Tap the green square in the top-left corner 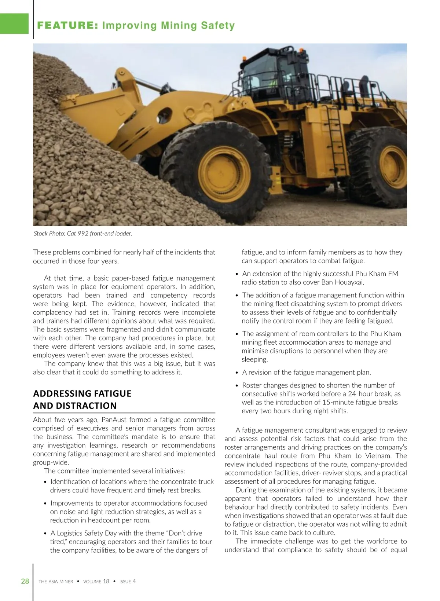14,23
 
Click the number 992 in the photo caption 83,233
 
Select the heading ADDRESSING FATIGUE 82,393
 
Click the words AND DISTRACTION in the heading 75,406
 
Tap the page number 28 25,581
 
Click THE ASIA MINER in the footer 56,582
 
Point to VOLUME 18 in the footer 96,582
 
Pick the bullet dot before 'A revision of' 237,373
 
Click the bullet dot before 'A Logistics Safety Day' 45,534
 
